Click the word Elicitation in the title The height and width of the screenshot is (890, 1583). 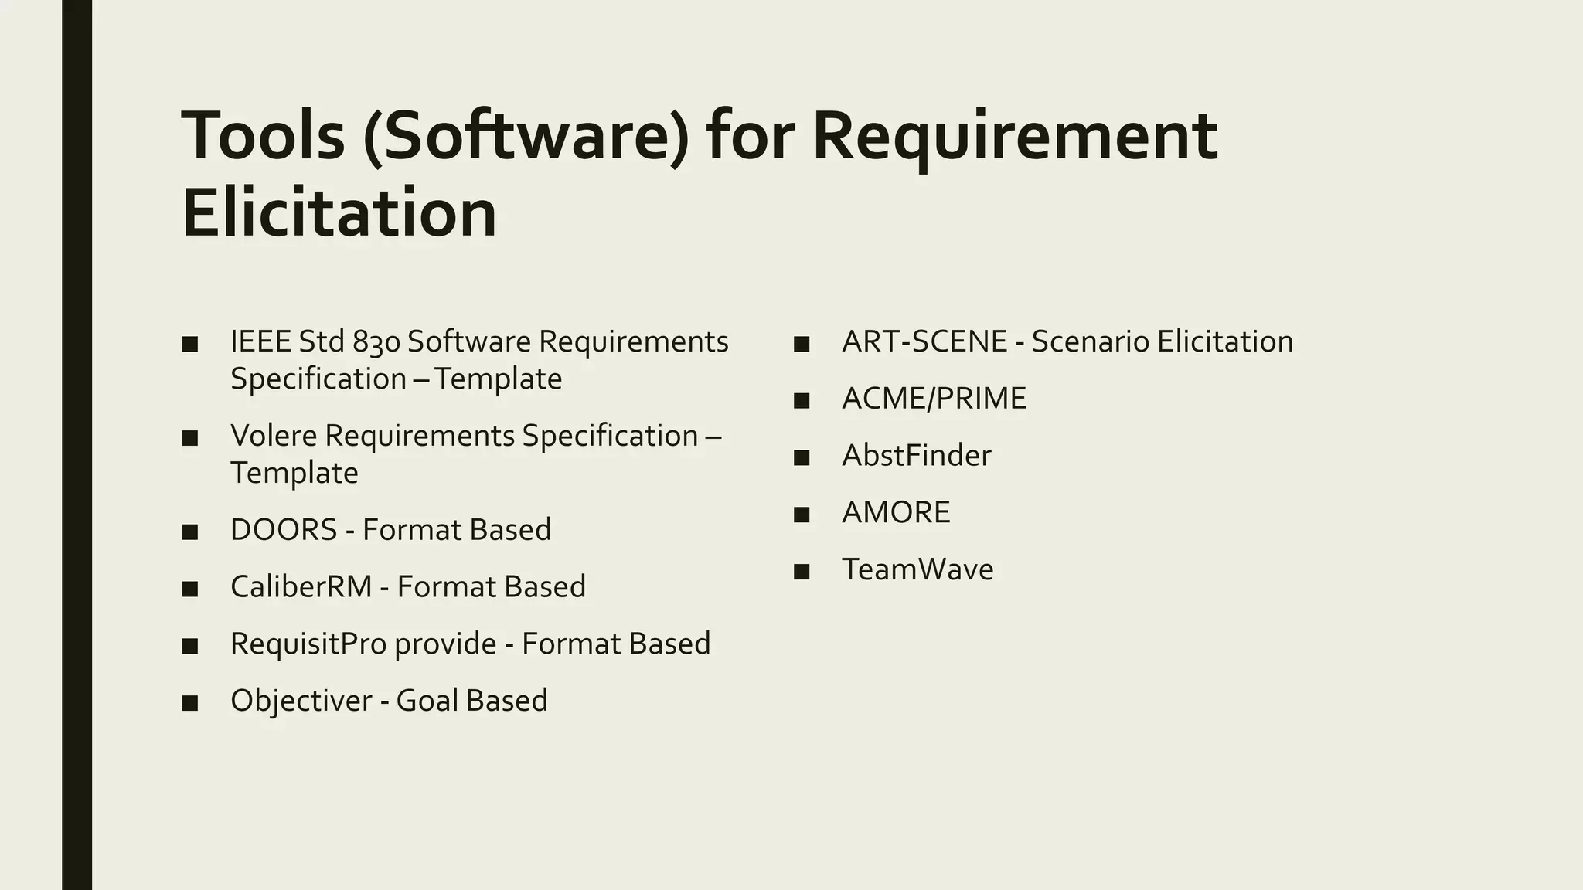point(339,212)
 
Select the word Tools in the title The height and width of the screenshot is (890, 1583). point(263,137)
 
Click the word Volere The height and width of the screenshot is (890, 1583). point(274,436)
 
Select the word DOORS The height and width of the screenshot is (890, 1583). point(284,530)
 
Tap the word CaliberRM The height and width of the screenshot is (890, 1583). point(301,587)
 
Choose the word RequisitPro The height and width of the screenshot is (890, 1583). point(308,644)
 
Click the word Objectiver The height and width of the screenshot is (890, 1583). point(301,701)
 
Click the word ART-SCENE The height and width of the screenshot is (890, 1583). point(924,341)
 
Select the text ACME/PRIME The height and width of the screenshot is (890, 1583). point(934,399)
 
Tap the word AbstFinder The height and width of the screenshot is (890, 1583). point(916,456)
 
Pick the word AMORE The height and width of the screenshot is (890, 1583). point(896,513)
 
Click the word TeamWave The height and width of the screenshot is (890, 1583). point(917,569)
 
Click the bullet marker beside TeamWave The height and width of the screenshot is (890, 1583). point(802,572)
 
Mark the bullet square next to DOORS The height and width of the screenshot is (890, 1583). point(190,532)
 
